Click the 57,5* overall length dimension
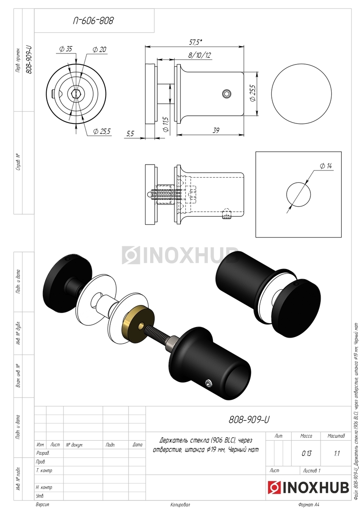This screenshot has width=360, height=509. pyautogui.click(x=195, y=42)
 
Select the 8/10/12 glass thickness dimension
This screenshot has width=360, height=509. pyautogui.click(x=199, y=55)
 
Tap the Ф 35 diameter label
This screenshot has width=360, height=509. pyautogui.click(x=65, y=49)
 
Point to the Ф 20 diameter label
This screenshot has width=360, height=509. pyautogui.click(x=100, y=49)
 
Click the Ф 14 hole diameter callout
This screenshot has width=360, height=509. pyautogui.click(x=326, y=166)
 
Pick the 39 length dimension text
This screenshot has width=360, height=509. pyautogui.click(x=216, y=131)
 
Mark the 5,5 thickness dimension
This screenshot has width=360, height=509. pyautogui.click(x=130, y=134)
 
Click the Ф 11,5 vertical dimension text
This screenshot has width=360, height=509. pyautogui.click(x=166, y=125)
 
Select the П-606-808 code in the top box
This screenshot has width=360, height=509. pyautogui.click(x=93, y=21)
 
